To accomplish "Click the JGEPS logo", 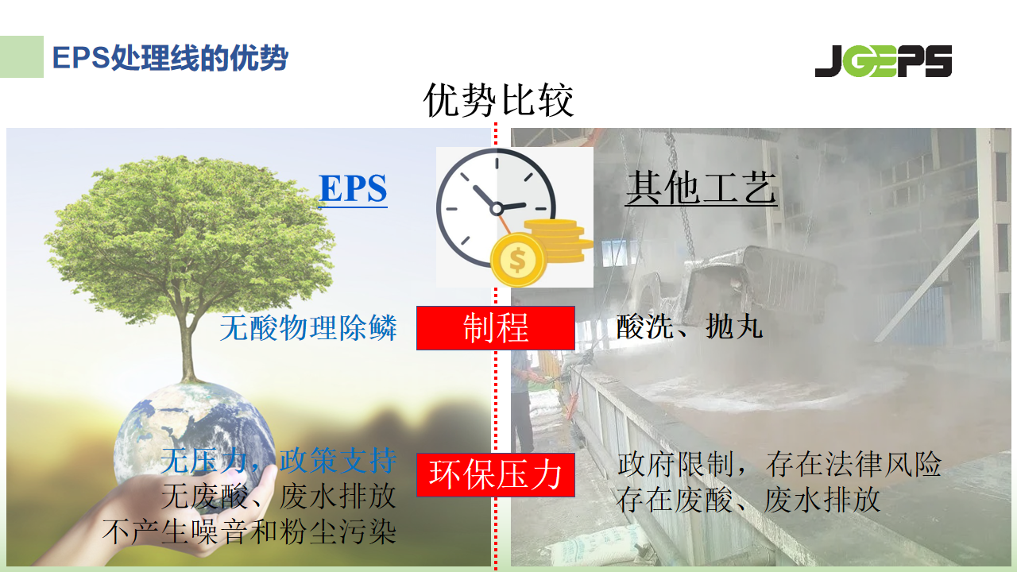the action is [x=883, y=61].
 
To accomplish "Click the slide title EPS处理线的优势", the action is [x=170, y=58].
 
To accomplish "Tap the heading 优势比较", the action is [x=498, y=100].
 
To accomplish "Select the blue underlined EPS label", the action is [x=353, y=188].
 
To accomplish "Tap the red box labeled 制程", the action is [x=496, y=328].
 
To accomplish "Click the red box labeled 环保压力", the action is [x=496, y=474].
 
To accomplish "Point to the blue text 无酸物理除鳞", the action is [x=308, y=327].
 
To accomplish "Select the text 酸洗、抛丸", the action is [x=689, y=326].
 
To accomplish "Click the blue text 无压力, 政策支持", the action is [x=278, y=460].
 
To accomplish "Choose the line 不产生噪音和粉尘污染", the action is [x=249, y=531].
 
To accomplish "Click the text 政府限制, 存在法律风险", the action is [x=779, y=465].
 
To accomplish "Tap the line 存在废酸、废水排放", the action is [x=748, y=500].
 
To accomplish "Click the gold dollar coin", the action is [x=518, y=260].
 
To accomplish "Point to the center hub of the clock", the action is [x=497, y=209].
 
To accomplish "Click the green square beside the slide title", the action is [x=21, y=56].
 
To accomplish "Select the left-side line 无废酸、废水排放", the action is [x=279, y=496].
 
